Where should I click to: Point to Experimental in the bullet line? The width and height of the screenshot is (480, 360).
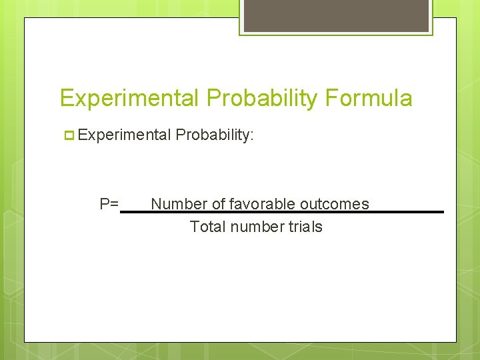pyautogui.click(x=124, y=135)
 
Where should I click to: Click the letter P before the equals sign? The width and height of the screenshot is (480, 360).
pyautogui.click(x=105, y=204)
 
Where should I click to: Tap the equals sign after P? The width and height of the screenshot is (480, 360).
pyautogui.click(x=114, y=204)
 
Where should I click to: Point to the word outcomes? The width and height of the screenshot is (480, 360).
pyautogui.click(x=335, y=204)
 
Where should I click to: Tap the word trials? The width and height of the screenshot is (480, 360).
pyautogui.click(x=305, y=227)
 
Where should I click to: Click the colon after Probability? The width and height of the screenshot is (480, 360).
pyautogui.click(x=252, y=136)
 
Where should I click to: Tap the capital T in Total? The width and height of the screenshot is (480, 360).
pyautogui.click(x=194, y=227)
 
